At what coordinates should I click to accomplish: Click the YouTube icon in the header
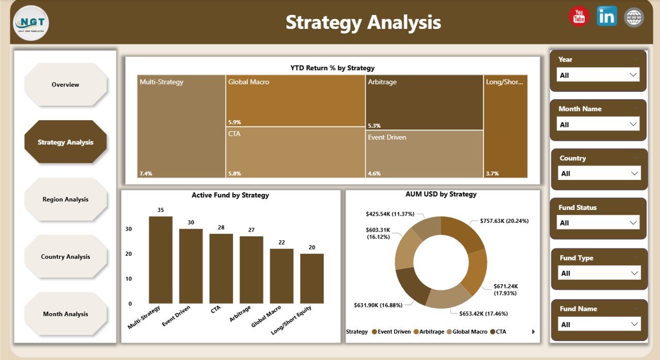(x=579, y=17)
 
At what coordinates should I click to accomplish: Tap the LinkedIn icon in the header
(x=606, y=17)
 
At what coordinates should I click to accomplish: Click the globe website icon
(x=634, y=17)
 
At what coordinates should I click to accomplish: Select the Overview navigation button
(x=65, y=85)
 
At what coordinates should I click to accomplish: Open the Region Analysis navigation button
(x=65, y=200)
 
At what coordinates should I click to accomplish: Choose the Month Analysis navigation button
(x=65, y=314)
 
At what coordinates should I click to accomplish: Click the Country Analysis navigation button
(x=65, y=257)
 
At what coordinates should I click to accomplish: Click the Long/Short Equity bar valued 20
(x=311, y=279)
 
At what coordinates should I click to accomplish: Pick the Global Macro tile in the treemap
(x=295, y=101)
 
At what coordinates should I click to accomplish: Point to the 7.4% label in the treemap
(x=146, y=174)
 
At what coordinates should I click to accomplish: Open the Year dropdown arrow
(x=633, y=75)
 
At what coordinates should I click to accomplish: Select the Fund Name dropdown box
(x=600, y=324)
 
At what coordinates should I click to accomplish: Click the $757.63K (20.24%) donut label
(x=503, y=221)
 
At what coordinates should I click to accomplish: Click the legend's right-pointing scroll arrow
(x=533, y=332)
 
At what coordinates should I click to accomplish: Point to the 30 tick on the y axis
(x=128, y=229)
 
